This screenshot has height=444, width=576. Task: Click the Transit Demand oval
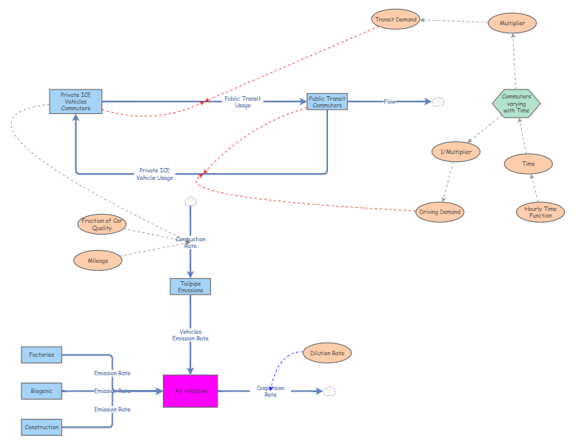point(396,19)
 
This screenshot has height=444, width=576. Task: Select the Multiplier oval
point(512,24)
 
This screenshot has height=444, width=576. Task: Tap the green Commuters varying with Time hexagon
point(516,103)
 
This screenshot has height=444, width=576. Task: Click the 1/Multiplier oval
point(456,152)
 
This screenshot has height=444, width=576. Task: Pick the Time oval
point(529,164)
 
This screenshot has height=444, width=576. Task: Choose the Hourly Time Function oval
point(540,212)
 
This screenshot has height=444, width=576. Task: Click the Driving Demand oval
point(440,212)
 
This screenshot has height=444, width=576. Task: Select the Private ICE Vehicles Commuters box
point(76,101)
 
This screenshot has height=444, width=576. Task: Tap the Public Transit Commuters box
point(326,101)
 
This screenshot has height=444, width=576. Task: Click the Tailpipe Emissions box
point(190,286)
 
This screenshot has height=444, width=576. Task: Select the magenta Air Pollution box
point(190,391)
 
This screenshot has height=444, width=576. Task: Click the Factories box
point(41,354)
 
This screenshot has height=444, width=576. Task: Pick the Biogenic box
point(41,391)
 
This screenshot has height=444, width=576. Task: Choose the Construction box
point(41,427)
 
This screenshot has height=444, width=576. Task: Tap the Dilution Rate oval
point(327,353)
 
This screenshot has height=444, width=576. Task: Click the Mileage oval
point(98,260)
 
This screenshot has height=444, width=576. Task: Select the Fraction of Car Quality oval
point(102,224)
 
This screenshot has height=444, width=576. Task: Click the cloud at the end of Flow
point(438,101)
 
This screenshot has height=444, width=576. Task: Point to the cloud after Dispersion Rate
point(330,391)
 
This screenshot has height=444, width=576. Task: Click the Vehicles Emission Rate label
point(190,335)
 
